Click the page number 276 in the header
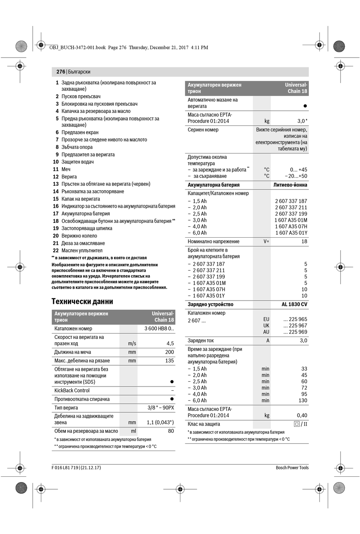click(x=61, y=72)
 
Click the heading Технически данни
click(x=82, y=302)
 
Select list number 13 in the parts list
click(x=56, y=184)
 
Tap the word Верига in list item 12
click(x=69, y=177)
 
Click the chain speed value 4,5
click(x=170, y=343)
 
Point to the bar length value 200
click(x=169, y=352)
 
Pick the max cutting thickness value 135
click(x=169, y=361)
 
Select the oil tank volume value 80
click(x=171, y=431)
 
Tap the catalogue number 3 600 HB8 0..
click(x=159, y=329)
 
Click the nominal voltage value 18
click(x=304, y=241)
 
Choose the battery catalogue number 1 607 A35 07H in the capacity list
click(x=291, y=227)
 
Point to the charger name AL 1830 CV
click(x=294, y=304)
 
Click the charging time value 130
click(x=303, y=401)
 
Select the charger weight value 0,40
click(x=302, y=415)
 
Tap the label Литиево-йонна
click(x=290, y=185)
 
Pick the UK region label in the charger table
click(x=266, y=326)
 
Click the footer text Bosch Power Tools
click(x=292, y=468)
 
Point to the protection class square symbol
click(x=297, y=424)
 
